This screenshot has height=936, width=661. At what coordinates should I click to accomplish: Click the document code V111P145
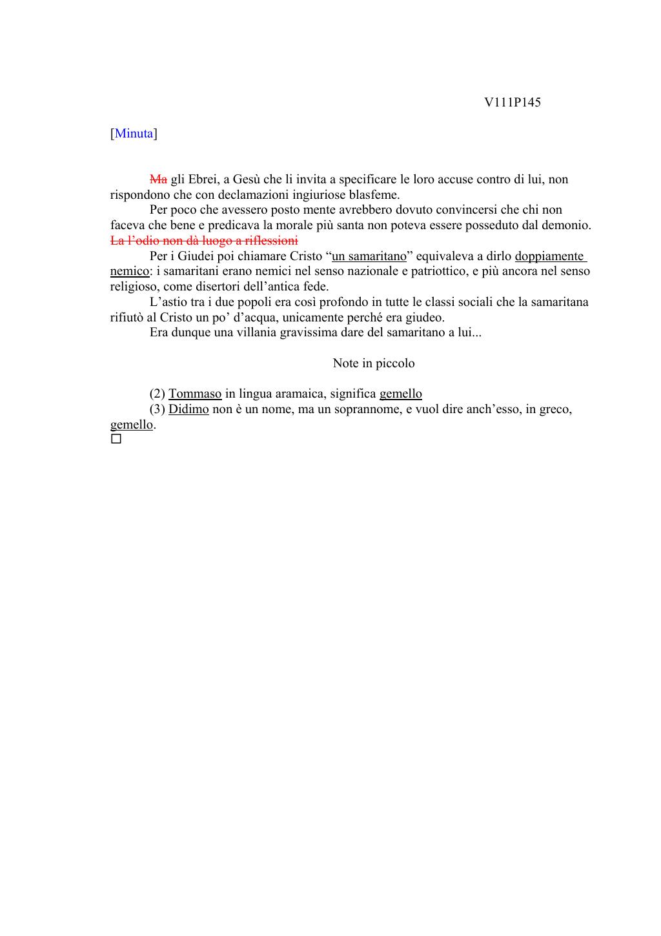pyautogui.click(x=512, y=102)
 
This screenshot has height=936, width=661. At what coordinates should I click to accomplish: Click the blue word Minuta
pyautogui.click(x=134, y=134)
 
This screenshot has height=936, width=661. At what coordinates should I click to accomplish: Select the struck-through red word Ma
pyautogui.click(x=158, y=179)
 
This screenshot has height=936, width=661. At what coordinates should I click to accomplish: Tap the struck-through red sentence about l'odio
pyautogui.click(x=204, y=241)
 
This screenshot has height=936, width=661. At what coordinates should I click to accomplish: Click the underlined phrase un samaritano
pyautogui.click(x=369, y=256)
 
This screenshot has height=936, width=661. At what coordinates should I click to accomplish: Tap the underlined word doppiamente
pyautogui.click(x=549, y=256)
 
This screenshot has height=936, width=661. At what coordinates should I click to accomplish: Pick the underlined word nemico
pyautogui.click(x=130, y=271)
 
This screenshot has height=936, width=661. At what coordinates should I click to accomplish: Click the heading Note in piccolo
pyautogui.click(x=374, y=363)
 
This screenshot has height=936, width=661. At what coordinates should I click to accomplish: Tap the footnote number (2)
pyautogui.click(x=158, y=394)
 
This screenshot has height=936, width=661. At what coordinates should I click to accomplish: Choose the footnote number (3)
pyautogui.click(x=158, y=409)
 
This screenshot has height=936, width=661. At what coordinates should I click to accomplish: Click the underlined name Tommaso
pyautogui.click(x=195, y=394)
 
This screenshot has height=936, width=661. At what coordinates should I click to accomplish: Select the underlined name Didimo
pyautogui.click(x=188, y=409)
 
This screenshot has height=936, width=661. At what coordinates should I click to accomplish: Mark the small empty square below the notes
pyautogui.click(x=116, y=440)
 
